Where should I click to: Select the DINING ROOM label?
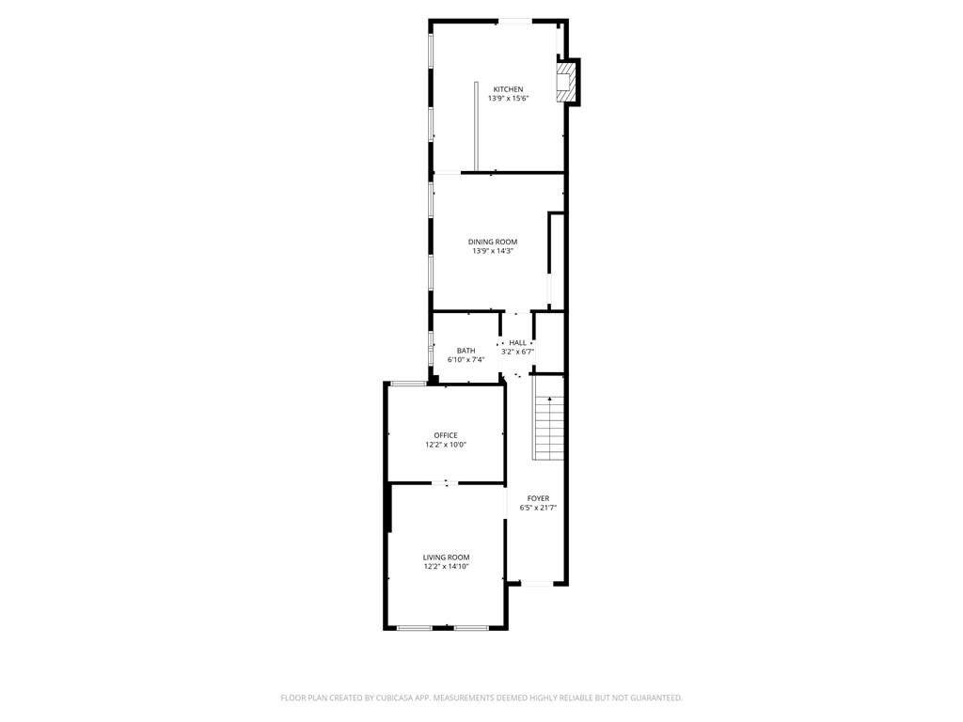(493, 242)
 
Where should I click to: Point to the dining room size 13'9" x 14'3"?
(493, 251)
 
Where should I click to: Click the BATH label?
(466, 351)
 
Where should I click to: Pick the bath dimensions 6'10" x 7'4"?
(466, 360)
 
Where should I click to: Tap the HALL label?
(517, 342)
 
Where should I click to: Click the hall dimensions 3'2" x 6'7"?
(517, 352)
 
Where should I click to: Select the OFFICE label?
(446, 435)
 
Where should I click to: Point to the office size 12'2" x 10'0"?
(446, 445)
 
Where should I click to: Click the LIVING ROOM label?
(446, 557)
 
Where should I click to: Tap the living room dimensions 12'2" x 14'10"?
(446, 567)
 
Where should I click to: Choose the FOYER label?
(538, 498)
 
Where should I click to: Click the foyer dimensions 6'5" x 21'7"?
(538, 508)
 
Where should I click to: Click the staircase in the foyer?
(549, 428)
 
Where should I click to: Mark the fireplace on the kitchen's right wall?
(565, 83)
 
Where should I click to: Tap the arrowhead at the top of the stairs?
(549, 399)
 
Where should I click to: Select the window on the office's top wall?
(407, 383)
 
